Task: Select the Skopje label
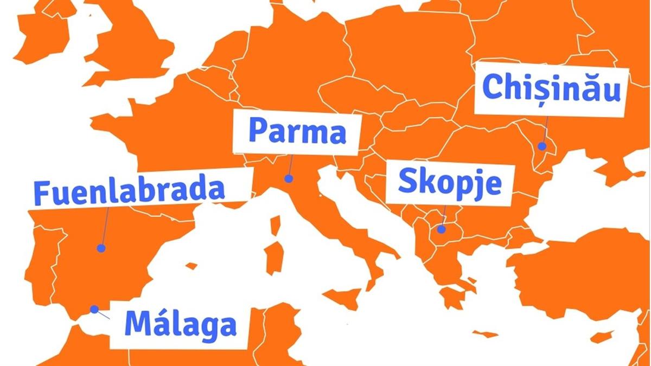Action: [x=449, y=183]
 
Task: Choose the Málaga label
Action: [x=180, y=324]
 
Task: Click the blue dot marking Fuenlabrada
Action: [x=101, y=248]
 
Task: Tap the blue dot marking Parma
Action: [x=289, y=178]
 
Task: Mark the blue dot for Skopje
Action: [x=442, y=229]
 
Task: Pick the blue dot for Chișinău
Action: [x=542, y=146]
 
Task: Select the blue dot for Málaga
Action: [x=94, y=309]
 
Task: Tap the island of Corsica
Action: [x=276, y=226]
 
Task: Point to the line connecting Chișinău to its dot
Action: [x=545, y=129]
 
